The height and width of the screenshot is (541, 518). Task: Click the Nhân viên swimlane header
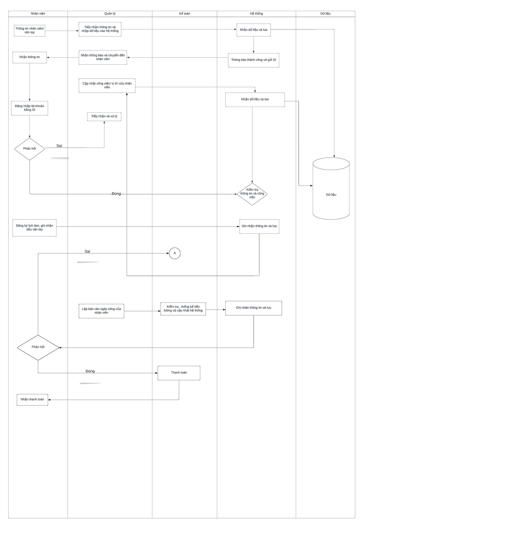(x=38, y=14)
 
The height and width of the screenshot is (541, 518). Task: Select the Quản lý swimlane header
(x=110, y=14)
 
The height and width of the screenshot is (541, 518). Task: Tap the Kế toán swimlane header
(x=184, y=14)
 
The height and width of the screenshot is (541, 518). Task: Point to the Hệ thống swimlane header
(x=256, y=14)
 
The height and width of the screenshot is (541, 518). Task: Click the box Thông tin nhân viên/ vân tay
(x=29, y=31)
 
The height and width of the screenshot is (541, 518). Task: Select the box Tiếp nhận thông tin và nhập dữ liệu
(x=100, y=29)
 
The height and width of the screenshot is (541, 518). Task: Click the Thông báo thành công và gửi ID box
(x=253, y=60)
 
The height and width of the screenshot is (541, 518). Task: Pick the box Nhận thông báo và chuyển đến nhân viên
(x=103, y=57)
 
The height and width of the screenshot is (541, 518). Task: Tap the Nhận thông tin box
(x=29, y=57)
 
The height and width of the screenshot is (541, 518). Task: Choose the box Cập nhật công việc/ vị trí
(x=107, y=85)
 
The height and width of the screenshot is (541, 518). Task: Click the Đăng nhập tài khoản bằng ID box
(x=29, y=108)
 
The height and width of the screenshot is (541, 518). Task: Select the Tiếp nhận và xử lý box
(x=104, y=116)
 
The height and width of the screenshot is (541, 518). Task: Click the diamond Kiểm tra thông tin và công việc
(x=252, y=194)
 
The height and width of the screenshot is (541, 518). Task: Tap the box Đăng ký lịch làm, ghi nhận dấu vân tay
(x=35, y=228)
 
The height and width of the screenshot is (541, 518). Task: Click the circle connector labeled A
(x=174, y=253)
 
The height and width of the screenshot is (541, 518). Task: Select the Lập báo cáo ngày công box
(x=101, y=311)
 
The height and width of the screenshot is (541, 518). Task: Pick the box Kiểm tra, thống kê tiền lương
(x=183, y=309)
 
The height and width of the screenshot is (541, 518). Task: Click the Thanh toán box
(x=179, y=373)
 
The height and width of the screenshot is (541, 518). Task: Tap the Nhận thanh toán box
(x=32, y=399)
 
